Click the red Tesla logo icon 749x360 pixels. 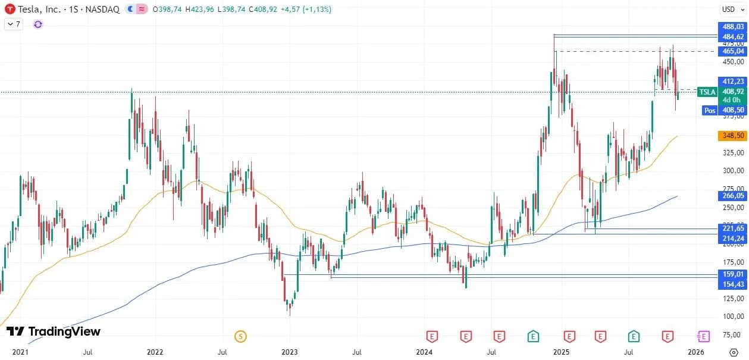click(x=10, y=10)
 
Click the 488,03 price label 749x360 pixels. click(x=732, y=27)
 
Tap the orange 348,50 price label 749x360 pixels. click(x=732, y=136)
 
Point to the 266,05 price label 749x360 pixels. click(x=732, y=195)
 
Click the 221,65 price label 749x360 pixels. click(x=732, y=228)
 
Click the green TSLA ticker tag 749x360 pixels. click(x=707, y=92)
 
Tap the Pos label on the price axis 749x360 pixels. click(x=709, y=110)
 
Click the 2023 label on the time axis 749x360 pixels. click(x=289, y=352)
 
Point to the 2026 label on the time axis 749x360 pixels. click(x=697, y=352)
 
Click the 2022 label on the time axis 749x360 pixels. click(x=155, y=352)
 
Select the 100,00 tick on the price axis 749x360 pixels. click(x=732, y=316)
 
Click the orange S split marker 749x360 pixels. click(x=240, y=337)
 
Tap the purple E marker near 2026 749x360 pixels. click(x=704, y=337)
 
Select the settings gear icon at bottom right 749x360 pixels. click(x=733, y=352)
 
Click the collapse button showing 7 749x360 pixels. click(x=13, y=24)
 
